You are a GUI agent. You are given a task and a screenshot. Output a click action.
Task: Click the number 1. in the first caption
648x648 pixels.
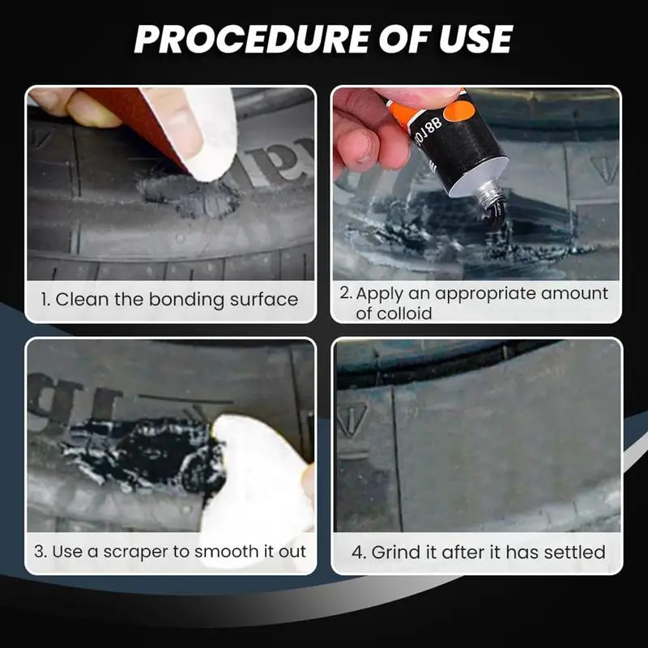pos(47,300)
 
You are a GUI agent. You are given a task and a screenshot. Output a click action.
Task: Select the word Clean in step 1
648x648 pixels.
pos(83,300)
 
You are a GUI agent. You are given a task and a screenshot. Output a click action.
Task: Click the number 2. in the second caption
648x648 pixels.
pos(346,293)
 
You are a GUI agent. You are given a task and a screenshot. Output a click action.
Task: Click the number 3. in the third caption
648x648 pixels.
pos(41,552)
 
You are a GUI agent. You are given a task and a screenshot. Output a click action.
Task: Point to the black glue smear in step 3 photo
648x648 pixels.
pos(154,454)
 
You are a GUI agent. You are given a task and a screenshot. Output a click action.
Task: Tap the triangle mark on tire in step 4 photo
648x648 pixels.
pos(353,419)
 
